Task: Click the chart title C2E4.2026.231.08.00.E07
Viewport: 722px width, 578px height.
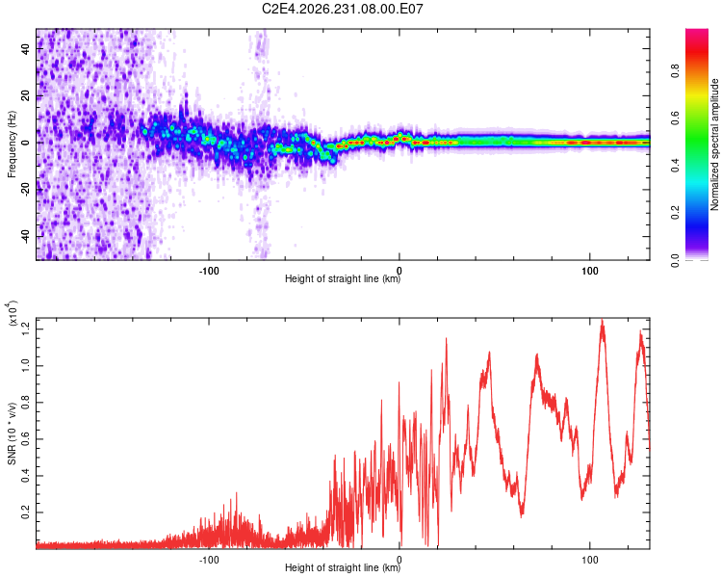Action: click(342, 9)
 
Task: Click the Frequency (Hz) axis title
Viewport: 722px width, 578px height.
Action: click(12, 144)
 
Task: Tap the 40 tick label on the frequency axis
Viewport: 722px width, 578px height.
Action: click(26, 49)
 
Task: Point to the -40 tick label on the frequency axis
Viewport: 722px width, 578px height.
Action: click(26, 237)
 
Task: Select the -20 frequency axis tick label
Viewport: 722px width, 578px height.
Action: click(26, 190)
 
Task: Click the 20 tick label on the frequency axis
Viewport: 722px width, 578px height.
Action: click(26, 96)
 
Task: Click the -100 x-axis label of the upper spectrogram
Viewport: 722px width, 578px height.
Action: click(209, 271)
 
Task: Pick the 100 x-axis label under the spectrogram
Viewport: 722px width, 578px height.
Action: click(589, 271)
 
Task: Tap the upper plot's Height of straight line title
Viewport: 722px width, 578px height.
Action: click(343, 278)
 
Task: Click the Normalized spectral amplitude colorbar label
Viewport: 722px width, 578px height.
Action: click(714, 144)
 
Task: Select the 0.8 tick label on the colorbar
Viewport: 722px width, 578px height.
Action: click(676, 71)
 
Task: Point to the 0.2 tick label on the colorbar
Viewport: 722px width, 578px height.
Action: click(676, 213)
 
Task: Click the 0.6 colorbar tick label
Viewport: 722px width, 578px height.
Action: click(676, 118)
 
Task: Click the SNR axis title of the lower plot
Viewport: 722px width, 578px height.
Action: click(12, 433)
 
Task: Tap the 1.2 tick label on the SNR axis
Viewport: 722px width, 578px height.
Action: click(26, 329)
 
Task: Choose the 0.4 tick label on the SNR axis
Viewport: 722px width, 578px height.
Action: click(26, 476)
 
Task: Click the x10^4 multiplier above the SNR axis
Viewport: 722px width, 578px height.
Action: click(13, 313)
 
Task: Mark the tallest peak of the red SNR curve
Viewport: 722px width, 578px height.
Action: click(602, 320)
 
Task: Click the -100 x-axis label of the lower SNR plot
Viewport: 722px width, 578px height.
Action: click(209, 560)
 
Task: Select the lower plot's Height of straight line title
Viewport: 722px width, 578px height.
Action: click(343, 567)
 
